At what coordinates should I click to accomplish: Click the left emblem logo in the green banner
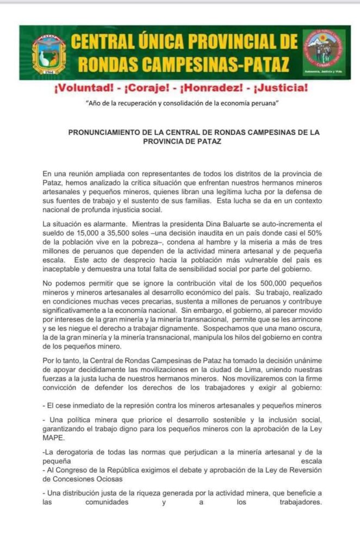pos(49,53)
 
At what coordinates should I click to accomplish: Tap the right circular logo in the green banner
pos(324,53)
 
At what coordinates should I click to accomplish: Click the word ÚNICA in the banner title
pos(158,42)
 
